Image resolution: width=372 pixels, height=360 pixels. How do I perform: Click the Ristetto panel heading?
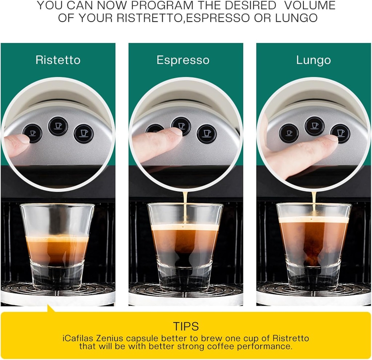point(58,60)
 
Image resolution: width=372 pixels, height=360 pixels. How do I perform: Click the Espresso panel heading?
point(183,60)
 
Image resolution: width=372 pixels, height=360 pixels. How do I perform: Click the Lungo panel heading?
point(313,60)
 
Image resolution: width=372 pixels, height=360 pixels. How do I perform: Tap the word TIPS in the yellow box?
point(186,325)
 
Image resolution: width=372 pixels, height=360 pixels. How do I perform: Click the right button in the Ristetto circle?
point(84,133)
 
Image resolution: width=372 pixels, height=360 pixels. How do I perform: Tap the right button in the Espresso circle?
point(206,134)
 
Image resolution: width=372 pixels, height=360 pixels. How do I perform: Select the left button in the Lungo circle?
point(289,133)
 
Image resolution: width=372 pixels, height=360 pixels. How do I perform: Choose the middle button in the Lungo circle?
point(314,126)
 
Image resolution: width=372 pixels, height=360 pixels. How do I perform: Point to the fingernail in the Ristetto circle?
point(23,138)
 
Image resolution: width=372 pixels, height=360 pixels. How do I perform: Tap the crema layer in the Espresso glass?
point(185,227)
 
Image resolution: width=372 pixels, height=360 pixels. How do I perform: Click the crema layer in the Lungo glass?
point(314,220)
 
